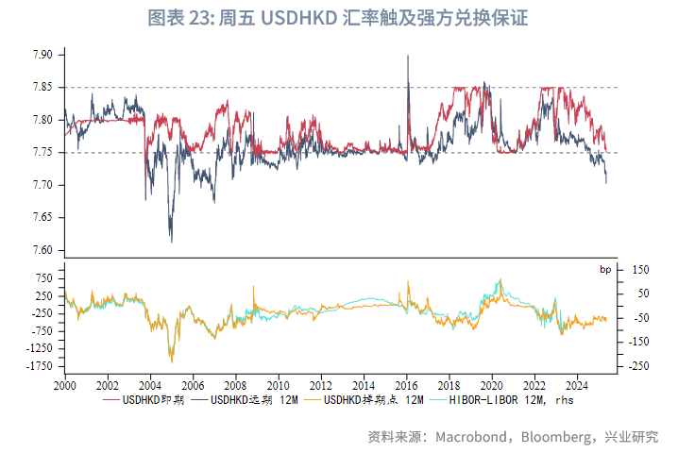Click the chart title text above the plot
tap(349, 18)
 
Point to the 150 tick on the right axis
tap(640, 270)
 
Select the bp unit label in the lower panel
tap(605, 270)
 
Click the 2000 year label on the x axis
tap(64, 385)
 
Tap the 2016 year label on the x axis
tap(406, 385)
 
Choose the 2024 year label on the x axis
tap(577, 385)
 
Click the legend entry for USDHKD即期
tap(151, 400)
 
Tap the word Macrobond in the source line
tap(467, 437)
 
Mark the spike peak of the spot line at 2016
tap(408, 56)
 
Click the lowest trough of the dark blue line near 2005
tap(171, 242)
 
